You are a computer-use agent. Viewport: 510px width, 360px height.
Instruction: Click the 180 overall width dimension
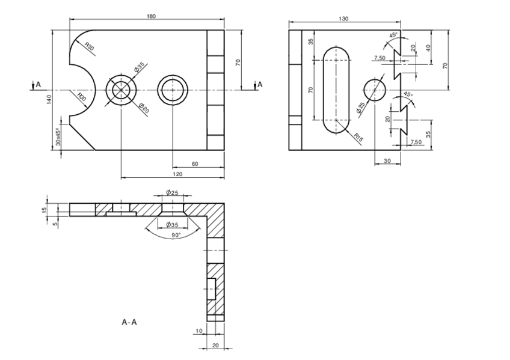click(151, 16)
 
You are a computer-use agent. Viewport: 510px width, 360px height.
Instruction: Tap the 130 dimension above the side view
click(343, 19)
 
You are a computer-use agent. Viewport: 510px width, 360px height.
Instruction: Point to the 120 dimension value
click(178, 174)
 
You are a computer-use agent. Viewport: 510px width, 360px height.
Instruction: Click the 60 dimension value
click(195, 163)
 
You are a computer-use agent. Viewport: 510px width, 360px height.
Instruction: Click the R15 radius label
click(359, 137)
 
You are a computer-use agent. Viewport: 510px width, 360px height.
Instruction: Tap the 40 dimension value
click(428, 47)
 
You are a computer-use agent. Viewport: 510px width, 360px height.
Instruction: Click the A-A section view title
click(129, 323)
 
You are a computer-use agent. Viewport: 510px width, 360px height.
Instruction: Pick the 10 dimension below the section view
click(198, 331)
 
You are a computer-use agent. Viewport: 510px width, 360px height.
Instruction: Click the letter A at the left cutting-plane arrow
click(38, 85)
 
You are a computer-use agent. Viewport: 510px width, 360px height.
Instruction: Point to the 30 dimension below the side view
click(387, 160)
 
